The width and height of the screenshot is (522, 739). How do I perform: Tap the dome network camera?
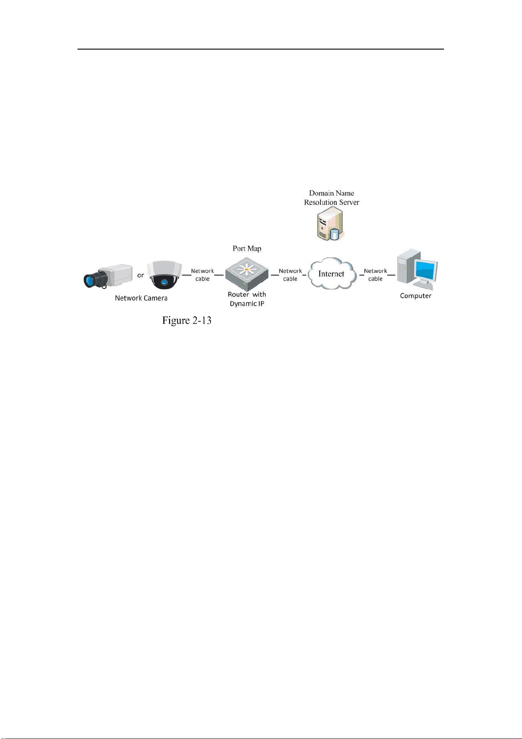click(x=164, y=275)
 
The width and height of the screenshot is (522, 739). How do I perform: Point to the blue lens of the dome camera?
click(x=164, y=282)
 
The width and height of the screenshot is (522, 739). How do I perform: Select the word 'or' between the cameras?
click(x=141, y=275)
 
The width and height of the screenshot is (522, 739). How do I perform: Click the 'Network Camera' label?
click(x=141, y=298)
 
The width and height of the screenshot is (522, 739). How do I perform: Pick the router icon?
click(x=247, y=274)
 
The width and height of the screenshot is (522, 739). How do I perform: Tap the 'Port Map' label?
click(x=247, y=248)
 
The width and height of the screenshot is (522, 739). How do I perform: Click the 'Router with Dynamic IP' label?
click(x=247, y=299)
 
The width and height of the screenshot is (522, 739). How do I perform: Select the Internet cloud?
click(x=332, y=274)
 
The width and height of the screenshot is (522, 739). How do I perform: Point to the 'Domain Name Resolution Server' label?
click(x=332, y=198)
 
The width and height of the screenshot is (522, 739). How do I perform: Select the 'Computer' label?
click(x=416, y=296)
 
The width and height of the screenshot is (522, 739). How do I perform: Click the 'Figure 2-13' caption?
click(x=187, y=320)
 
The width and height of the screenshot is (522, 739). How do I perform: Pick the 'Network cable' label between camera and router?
click(x=203, y=275)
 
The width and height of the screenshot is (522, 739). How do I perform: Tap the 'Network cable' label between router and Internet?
click(x=290, y=275)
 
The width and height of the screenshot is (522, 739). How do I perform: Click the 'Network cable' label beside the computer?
click(x=375, y=275)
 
